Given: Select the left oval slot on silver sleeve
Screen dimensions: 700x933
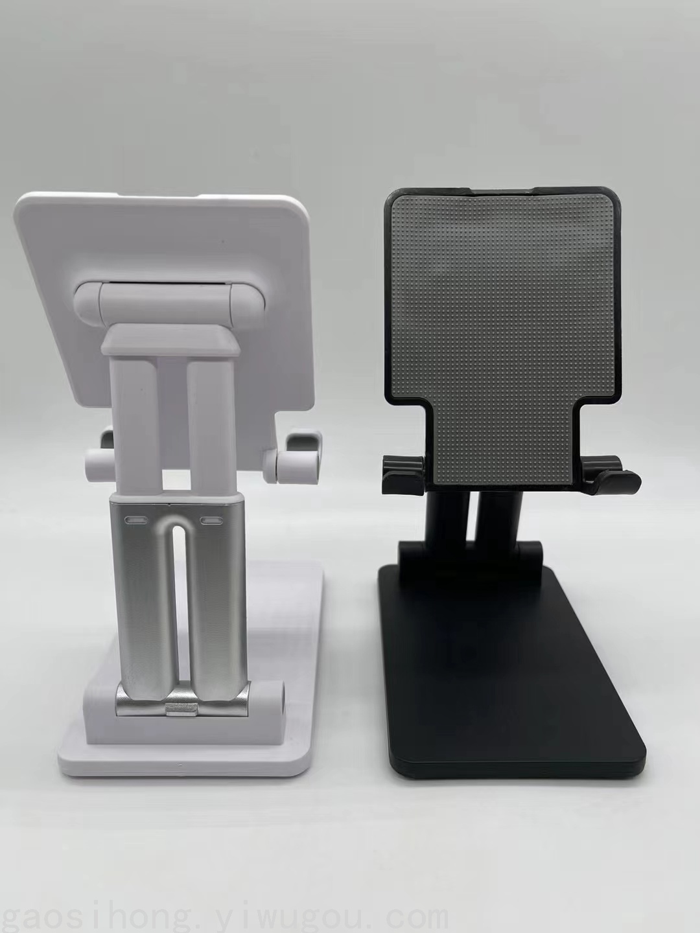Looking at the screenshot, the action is [135, 520].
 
